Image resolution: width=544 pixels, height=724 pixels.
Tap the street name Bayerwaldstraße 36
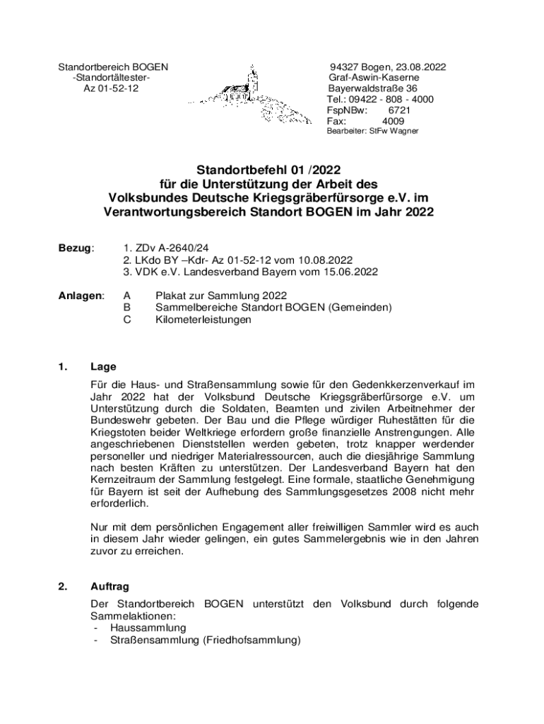pos(372,89)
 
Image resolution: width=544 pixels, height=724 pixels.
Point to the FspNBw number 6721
pos(399,111)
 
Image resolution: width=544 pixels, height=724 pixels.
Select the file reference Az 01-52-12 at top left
pos(111,89)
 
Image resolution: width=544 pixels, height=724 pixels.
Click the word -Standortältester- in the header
pos(111,78)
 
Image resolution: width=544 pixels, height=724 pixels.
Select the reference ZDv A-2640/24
pos(156,249)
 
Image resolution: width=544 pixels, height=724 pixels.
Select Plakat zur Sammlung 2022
pos(221,296)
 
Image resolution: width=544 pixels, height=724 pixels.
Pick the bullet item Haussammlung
pos(148,628)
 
